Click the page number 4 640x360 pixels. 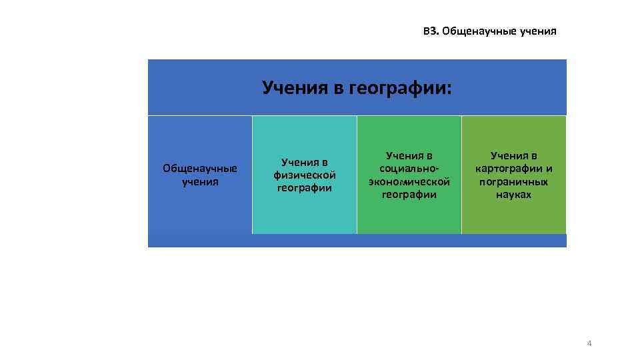(x=589, y=343)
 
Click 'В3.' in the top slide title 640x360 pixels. (x=431, y=31)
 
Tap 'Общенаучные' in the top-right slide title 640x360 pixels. (x=479, y=31)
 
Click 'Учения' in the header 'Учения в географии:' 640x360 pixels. (x=295, y=87)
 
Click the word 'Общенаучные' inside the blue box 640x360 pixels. (x=200, y=169)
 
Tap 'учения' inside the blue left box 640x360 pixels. (x=200, y=181)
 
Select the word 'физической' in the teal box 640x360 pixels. (x=305, y=175)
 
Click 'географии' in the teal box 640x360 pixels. (x=305, y=187)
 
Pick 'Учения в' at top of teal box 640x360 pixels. (x=305, y=162)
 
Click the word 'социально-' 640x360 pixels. (x=409, y=169)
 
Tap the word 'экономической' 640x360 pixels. (x=409, y=181)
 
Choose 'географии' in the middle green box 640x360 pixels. (x=409, y=195)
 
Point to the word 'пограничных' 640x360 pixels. (x=513, y=181)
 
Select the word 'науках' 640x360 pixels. (x=513, y=195)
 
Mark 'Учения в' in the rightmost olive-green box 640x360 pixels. (x=513, y=155)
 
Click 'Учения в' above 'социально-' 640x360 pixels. (x=409, y=155)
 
